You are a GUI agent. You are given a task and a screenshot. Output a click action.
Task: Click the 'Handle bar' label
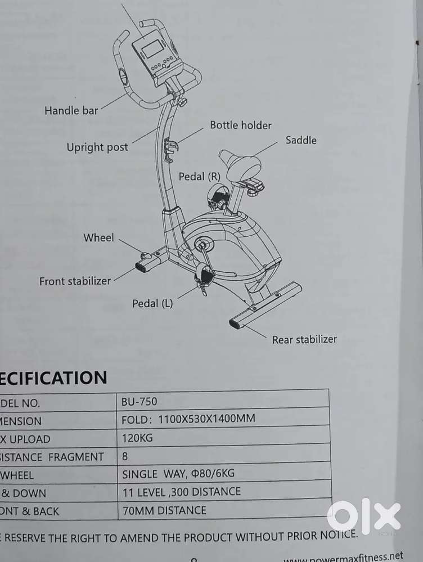(x=71, y=110)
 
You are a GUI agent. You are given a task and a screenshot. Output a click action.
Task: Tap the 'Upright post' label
(x=97, y=147)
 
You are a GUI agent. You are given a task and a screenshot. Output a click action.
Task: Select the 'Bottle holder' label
(x=241, y=125)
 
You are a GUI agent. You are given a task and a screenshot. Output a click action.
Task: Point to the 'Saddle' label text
(x=301, y=140)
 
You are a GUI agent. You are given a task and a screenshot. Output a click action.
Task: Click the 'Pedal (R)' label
(x=200, y=177)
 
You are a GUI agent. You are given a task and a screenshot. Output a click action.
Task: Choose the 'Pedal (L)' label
(x=152, y=304)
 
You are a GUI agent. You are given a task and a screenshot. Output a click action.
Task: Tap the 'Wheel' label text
(x=98, y=238)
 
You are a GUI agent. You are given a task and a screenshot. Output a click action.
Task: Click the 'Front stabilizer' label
(x=75, y=281)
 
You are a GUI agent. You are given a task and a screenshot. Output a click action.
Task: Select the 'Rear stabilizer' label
(x=304, y=339)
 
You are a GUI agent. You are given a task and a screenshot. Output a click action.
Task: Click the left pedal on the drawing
(x=204, y=276)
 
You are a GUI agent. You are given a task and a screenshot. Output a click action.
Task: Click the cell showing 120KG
(x=137, y=438)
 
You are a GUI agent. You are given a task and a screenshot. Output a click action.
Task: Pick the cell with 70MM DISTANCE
(x=164, y=511)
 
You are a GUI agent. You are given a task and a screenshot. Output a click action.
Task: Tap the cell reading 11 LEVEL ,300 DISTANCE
(x=181, y=492)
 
